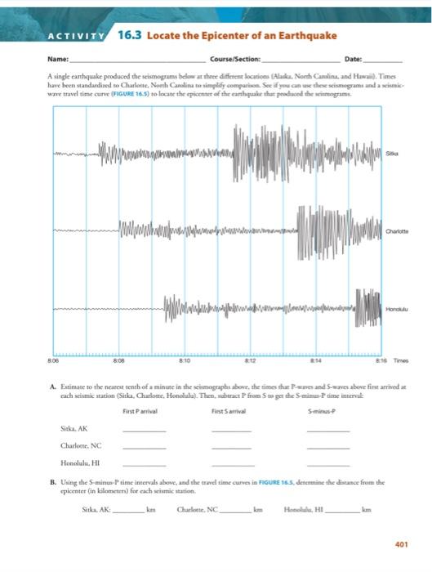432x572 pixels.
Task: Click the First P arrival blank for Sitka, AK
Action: [x=143, y=431]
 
